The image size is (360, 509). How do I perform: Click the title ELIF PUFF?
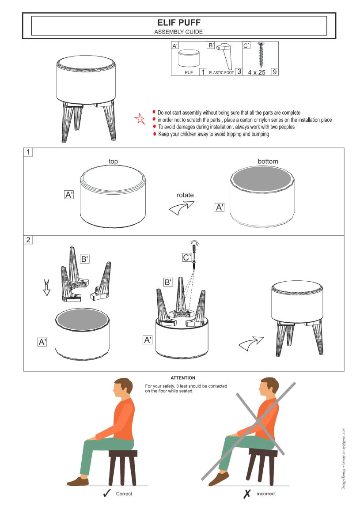coord(179,23)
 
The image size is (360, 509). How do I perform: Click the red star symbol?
coord(140,119)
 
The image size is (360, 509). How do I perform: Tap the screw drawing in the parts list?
coord(261,55)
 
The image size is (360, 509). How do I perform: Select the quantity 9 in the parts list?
coord(275,72)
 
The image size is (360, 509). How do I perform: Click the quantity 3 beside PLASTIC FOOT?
coord(239,72)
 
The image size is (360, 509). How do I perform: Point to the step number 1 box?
coord(28,152)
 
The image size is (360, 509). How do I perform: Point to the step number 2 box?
coord(28,240)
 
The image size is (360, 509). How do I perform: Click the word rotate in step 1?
coord(185,195)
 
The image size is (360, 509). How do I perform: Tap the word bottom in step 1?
coord(268,161)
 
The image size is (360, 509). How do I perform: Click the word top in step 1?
coord(113,161)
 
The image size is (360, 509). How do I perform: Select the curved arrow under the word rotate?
coord(181,208)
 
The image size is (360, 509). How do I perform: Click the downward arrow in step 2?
coord(47,287)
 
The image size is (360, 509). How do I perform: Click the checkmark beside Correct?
coord(107,494)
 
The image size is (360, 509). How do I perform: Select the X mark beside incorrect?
coord(247,494)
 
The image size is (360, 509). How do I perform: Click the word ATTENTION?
coord(183,378)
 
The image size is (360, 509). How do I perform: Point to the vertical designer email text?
coord(343,458)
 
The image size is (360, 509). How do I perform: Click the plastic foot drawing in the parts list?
coord(225,56)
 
